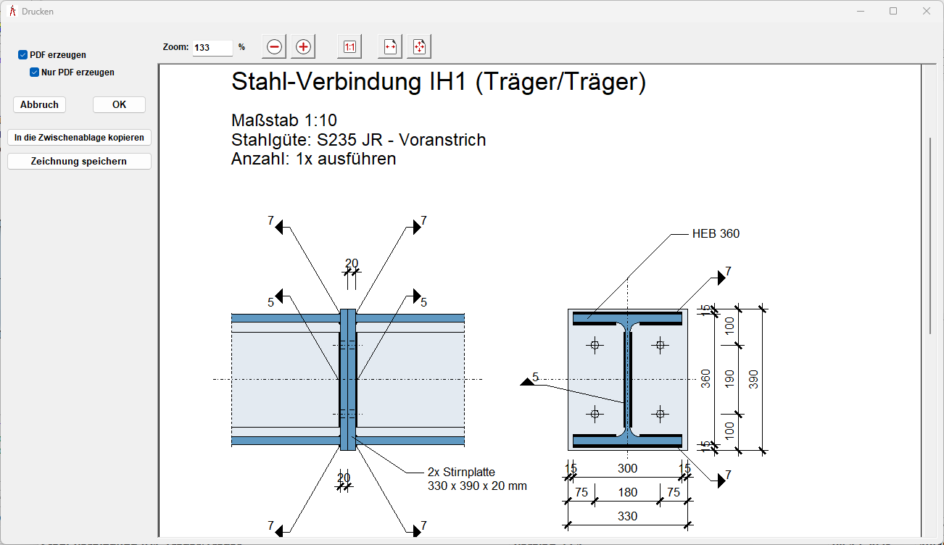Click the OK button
[119, 104]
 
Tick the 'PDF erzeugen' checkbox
[23, 55]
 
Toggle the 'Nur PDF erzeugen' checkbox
[34, 72]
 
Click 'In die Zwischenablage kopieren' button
[79, 137]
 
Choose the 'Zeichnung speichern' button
[79, 161]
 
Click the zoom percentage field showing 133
[212, 47]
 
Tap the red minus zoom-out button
[274, 47]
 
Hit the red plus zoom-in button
[303, 47]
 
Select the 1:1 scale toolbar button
[349, 47]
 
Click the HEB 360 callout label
[716, 234]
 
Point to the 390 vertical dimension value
[753, 378]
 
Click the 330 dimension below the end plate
[627, 516]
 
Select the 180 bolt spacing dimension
[627, 493]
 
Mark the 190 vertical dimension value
[729, 378]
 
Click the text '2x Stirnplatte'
[461, 473]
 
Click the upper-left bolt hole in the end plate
[595, 345]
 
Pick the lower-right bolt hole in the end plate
[660, 414]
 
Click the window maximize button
[893, 11]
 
